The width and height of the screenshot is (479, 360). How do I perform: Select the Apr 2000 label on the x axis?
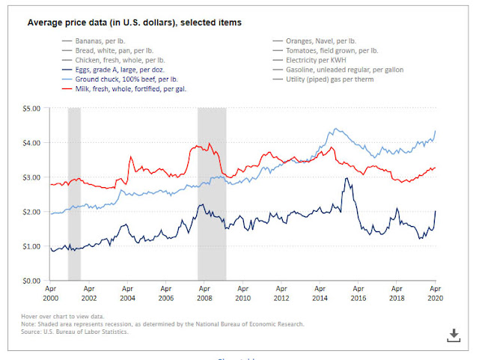point(50,291)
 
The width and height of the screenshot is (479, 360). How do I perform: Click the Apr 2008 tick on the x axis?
point(204,291)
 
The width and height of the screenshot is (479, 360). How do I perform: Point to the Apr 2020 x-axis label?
point(434,291)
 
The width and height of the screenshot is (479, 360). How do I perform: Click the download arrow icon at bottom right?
point(453,335)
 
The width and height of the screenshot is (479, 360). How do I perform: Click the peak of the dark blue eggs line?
point(346,177)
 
